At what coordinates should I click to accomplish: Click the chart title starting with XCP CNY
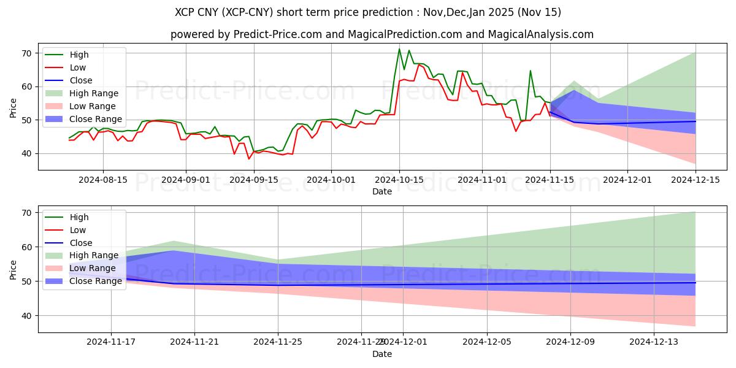(368, 12)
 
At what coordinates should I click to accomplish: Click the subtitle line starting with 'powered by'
(381, 34)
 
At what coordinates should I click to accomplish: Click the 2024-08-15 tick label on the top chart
(102, 179)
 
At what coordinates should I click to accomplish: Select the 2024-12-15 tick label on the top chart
(696, 179)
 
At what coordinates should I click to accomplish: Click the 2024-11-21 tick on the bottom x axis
(194, 342)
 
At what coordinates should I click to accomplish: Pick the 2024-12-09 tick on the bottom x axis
(571, 342)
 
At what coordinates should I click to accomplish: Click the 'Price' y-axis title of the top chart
(13, 107)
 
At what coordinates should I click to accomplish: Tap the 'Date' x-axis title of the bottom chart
(381, 354)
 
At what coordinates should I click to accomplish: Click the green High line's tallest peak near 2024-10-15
(399, 49)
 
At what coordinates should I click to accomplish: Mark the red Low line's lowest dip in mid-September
(249, 159)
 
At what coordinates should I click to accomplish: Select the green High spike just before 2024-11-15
(531, 71)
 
